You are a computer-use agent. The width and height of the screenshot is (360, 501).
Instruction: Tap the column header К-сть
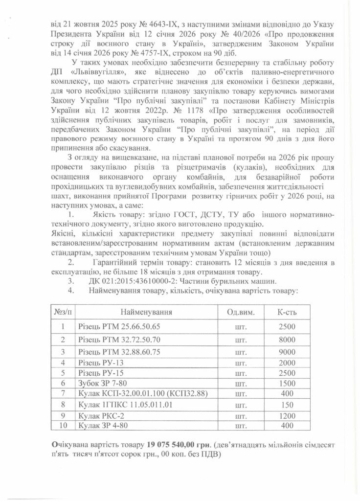[287, 312]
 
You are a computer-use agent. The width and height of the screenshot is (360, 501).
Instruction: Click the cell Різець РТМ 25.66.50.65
[119, 326]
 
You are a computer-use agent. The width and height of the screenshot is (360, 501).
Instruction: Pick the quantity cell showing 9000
[287, 352]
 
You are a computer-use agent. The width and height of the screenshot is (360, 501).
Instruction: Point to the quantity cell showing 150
[287, 405]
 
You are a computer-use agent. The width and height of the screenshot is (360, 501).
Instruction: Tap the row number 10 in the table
[62, 426]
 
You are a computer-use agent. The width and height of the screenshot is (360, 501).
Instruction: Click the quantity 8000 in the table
[287, 339]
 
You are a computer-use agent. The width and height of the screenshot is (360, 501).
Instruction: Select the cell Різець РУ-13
[101, 363]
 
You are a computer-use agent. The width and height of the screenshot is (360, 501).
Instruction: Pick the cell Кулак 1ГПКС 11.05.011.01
[125, 405]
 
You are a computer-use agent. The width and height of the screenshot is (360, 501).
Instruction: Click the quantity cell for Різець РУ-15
[287, 373]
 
